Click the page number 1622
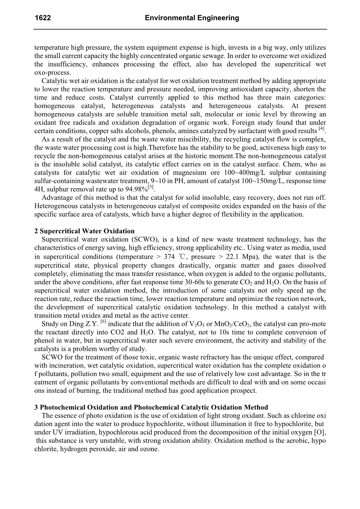(43, 18)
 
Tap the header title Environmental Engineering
(192, 18)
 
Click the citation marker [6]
(104, 322)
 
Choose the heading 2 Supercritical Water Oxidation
(84, 231)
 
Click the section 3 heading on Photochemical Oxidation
(151, 407)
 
